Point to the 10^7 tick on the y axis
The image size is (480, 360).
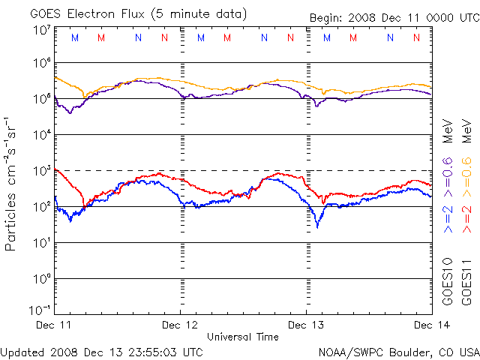click(42, 30)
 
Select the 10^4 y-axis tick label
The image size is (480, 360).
click(42, 134)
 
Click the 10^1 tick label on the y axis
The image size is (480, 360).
click(42, 242)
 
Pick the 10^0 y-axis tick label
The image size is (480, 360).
click(42, 278)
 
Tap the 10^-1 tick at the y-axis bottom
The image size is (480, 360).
click(40, 310)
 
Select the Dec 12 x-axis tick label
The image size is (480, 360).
click(181, 325)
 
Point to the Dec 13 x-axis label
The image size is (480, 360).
click(306, 325)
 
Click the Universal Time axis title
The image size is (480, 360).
click(243, 337)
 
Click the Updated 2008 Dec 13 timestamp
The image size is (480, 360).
click(102, 351)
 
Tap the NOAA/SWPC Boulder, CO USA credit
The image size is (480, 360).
click(398, 351)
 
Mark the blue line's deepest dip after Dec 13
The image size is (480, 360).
click(317, 226)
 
